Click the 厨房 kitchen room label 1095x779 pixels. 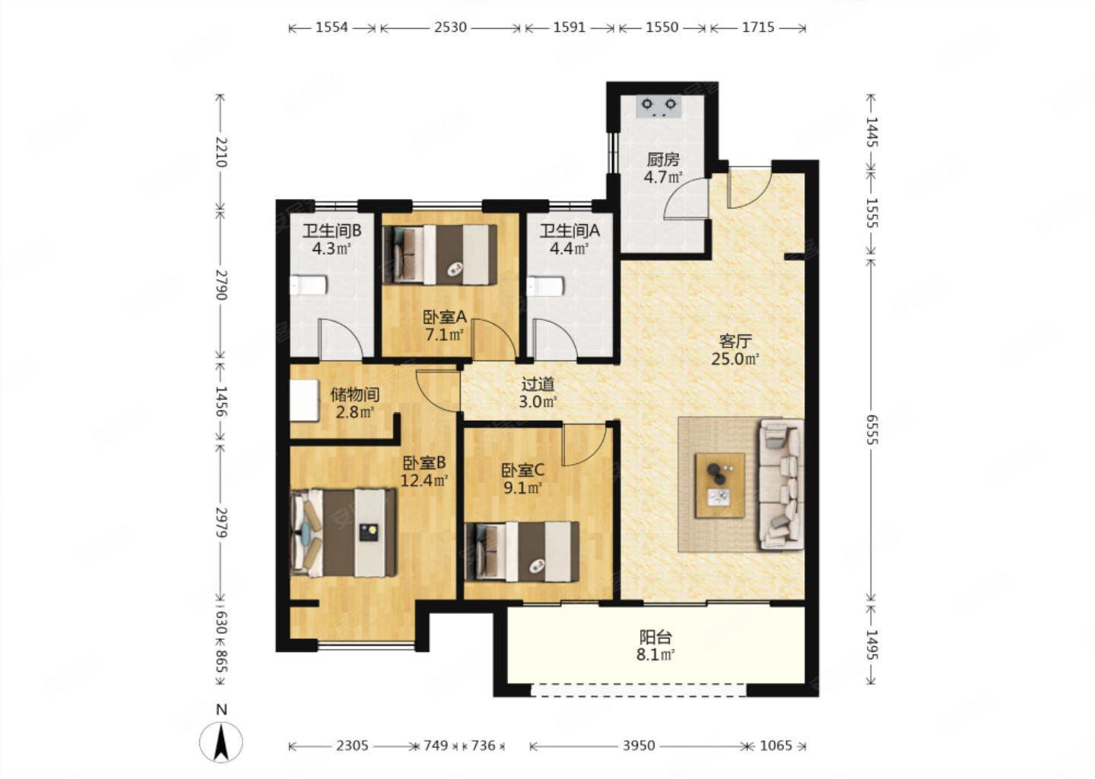point(662,160)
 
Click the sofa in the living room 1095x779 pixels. point(780,484)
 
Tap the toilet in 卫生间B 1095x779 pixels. point(308,286)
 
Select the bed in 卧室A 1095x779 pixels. point(440,254)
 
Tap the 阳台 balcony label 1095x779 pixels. point(655,638)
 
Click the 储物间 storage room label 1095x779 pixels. point(354,395)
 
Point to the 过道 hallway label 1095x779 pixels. point(538,385)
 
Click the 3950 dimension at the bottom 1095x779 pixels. point(639,746)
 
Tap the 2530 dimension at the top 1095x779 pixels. point(449,27)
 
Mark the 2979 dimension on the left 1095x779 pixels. point(221,523)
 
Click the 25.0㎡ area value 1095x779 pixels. point(735,359)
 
